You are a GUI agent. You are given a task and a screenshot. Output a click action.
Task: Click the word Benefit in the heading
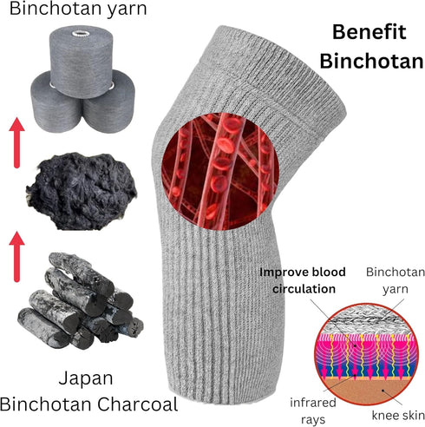coord(369,32)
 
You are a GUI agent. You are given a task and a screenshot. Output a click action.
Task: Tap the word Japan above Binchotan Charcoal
coord(86,379)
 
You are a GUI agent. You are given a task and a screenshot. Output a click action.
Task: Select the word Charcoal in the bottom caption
coord(137,404)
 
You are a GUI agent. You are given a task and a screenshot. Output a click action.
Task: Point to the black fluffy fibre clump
coord(82,192)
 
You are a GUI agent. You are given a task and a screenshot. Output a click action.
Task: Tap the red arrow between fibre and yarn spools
coord(16,142)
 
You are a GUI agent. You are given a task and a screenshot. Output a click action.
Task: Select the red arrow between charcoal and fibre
coord(16,257)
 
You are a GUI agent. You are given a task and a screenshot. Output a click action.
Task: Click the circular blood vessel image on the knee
coord(220,171)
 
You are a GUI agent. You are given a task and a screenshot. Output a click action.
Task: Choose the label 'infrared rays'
coord(313,411)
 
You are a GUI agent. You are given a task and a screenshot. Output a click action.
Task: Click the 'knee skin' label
coord(398,416)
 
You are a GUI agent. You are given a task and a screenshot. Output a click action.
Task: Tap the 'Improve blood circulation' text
coord(303,280)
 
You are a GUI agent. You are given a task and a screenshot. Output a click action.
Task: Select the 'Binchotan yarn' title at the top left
coord(78,9)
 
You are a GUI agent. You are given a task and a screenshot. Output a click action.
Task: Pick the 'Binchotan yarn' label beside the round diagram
coord(396,280)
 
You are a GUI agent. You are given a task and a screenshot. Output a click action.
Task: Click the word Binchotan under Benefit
coord(372,62)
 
